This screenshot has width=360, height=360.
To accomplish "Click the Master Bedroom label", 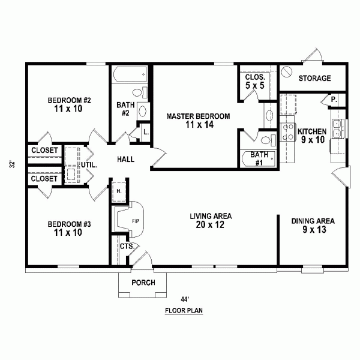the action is pos(198,116).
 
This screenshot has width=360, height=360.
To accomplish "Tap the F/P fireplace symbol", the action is pos(130,220).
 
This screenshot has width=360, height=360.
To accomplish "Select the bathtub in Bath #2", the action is pos(130,74).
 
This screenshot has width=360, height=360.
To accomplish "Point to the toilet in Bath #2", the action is pos(140,92).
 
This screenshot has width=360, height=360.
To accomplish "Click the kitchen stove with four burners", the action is pos(287,132).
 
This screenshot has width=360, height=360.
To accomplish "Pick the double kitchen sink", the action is pos(337,129).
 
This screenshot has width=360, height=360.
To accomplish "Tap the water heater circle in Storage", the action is pos(287,71).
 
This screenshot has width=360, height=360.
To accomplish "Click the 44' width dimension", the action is pos(185,299).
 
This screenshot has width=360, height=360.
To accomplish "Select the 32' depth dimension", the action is pos(13,164).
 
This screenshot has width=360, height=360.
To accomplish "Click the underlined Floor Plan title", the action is pos(184,311).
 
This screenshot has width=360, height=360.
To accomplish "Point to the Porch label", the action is pos(143,283).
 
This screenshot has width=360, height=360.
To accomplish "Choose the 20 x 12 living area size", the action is pos(210,225).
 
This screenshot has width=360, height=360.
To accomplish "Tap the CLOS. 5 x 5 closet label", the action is pos(255,81).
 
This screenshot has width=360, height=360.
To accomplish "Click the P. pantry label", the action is pos(334,100).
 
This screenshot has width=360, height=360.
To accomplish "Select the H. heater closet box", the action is pos(119,192).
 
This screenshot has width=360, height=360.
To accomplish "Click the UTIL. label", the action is pos(89,165).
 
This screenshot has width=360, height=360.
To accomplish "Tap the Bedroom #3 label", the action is pos(69,224).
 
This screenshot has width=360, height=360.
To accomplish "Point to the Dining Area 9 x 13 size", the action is pos(314,230).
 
